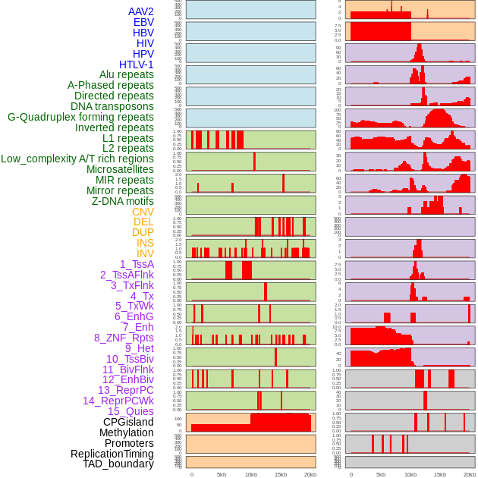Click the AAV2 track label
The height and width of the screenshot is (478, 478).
(140, 11)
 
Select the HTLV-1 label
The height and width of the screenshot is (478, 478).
(136, 64)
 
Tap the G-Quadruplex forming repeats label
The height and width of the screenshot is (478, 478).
(80, 117)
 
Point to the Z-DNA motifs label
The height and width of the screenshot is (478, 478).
(122, 201)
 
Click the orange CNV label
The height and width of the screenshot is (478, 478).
(143, 212)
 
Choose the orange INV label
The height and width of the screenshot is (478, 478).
(145, 253)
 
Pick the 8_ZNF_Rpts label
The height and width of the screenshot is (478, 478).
(124, 338)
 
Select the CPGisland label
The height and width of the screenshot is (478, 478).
(128, 422)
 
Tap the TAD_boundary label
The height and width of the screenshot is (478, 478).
(118, 464)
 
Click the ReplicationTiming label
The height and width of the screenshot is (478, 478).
(112, 454)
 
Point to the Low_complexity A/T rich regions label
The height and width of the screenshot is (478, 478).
(77, 159)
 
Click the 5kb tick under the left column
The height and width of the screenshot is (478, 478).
(222, 474)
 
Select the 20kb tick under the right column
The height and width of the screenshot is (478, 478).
(470, 474)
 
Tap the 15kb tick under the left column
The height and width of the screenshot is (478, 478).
(281, 474)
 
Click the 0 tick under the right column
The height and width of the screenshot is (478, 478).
(351, 474)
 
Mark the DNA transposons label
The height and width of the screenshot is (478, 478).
(112, 106)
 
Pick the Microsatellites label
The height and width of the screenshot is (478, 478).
(120, 169)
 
